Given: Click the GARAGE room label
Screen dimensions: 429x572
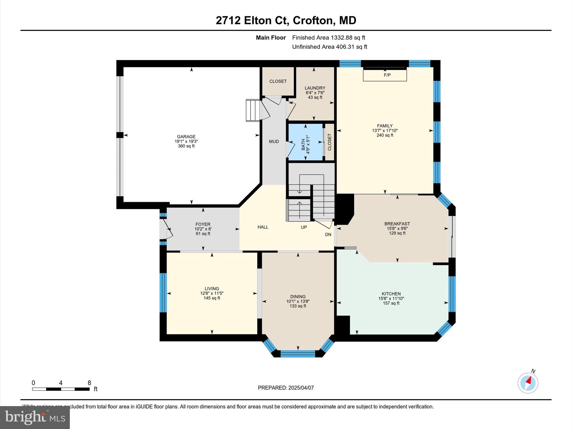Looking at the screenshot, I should (x=186, y=137).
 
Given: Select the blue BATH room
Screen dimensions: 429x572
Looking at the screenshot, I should (x=305, y=142).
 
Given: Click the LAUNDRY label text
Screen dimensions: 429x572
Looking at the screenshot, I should (x=315, y=88).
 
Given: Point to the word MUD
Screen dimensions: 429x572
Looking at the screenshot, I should (x=274, y=142).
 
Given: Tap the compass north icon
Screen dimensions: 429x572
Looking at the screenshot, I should (x=528, y=383).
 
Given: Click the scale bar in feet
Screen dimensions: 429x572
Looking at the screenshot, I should (x=61, y=389).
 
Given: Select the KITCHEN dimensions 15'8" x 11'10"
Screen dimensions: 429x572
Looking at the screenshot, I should (x=391, y=298).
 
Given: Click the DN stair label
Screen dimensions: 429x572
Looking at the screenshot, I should (x=328, y=235).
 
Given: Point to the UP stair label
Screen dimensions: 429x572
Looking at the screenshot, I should (x=304, y=227).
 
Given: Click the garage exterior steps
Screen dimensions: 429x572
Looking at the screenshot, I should (x=253, y=110).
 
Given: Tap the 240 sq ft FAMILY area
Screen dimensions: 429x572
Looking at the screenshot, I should (x=385, y=135).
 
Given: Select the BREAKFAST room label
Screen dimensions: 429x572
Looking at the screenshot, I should (x=397, y=224).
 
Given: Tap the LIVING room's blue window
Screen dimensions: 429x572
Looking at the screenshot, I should (x=163, y=292).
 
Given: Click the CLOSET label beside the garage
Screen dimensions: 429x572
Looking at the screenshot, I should (x=278, y=81).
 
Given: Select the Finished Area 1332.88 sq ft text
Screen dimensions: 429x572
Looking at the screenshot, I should (x=328, y=38).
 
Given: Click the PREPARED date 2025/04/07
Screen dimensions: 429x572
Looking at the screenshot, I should (x=286, y=388).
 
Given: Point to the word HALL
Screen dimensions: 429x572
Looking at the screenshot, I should (x=263, y=227).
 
